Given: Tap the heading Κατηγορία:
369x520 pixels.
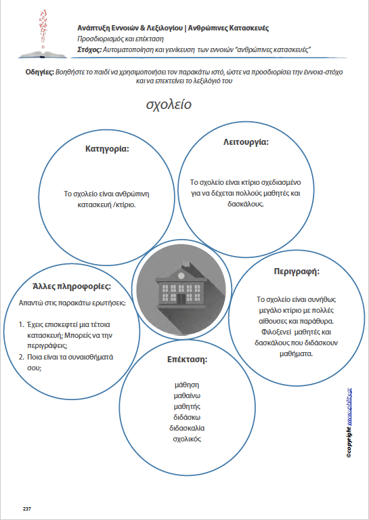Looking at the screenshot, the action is [107, 148].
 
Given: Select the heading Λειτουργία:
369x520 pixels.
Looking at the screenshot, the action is [246, 142].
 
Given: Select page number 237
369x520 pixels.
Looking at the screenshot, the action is [27, 508].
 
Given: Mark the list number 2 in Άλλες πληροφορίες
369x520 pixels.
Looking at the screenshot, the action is [21, 357].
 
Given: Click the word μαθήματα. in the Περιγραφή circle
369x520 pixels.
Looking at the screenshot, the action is [296, 352].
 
